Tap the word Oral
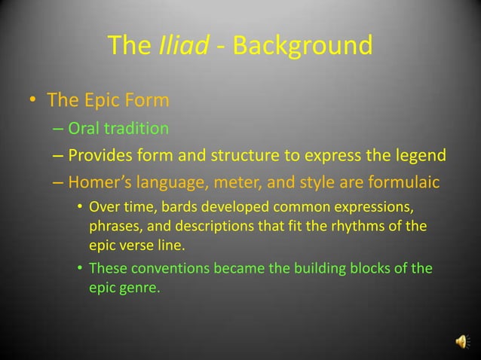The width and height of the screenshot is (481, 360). (x=84, y=129)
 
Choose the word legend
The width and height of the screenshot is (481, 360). (x=418, y=156)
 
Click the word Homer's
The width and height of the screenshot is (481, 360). (x=99, y=183)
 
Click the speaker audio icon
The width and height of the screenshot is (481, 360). (x=461, y=343)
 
